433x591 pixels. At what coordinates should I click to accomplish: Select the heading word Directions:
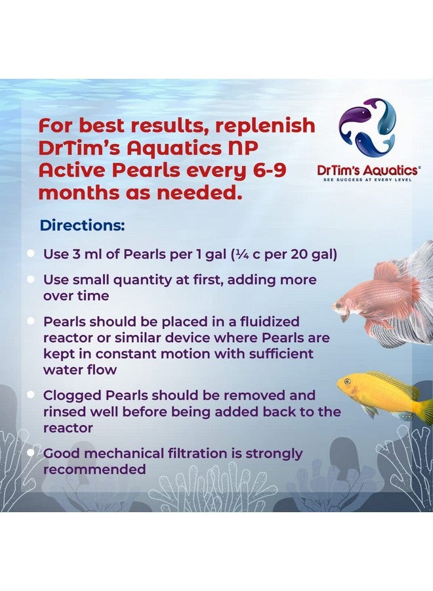point(83,225)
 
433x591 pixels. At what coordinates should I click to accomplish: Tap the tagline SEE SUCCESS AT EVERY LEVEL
point(367,179)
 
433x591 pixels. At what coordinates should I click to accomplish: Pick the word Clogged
point(70,395)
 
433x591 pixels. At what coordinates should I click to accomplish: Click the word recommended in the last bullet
point(94,470)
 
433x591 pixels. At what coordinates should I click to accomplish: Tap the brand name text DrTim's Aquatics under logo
point(367,169)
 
